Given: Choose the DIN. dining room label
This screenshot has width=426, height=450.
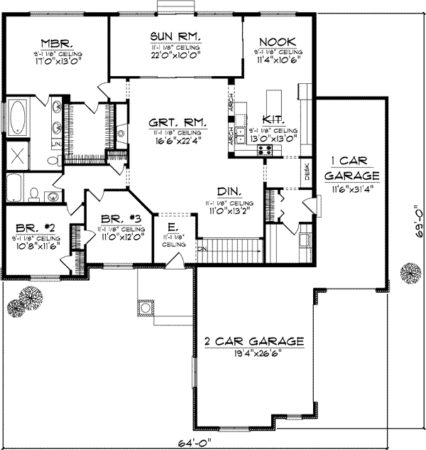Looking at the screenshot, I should tap(229, 192).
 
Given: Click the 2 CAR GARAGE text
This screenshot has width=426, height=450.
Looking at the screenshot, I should tap(253, 342).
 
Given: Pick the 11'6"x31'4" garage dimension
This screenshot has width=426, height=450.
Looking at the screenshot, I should tap(352, 189).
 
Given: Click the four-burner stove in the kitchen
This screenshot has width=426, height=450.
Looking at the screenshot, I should tap(265, 149).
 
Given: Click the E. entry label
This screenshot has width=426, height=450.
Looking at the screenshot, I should tap(173, 228).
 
